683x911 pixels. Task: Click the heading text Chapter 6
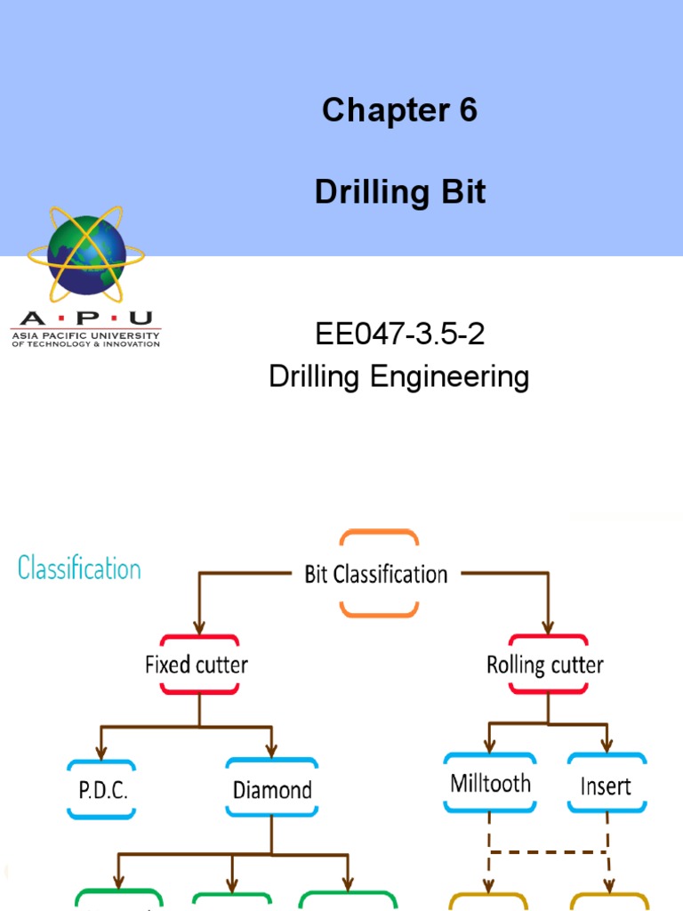pos(399,110)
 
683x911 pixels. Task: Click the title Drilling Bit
pos(400,192)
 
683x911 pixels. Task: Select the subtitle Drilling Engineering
pos(399,376)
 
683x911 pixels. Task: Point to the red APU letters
pos(85,318)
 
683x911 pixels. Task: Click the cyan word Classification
pos(79,568)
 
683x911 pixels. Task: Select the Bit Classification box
pos(376,574)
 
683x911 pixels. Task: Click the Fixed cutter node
pos(197,665)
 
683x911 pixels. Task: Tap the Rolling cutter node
pos(545,665)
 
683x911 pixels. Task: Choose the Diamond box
pos(272,789)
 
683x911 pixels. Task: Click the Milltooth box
pos(491,784)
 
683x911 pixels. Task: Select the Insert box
pos(606,786)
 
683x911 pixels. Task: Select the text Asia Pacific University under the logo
pos(85,335)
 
